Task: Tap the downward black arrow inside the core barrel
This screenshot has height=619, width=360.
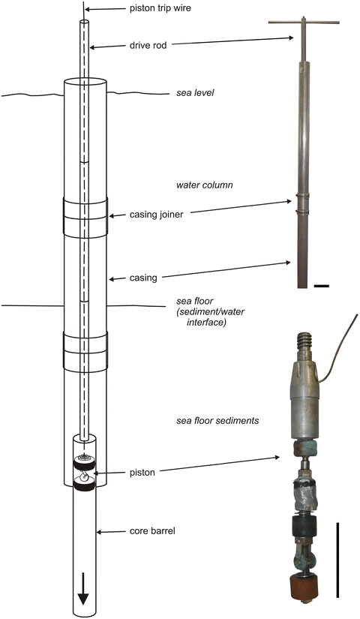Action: click(x=83, y=593)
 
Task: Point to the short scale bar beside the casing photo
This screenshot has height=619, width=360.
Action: click(x=322, y=286)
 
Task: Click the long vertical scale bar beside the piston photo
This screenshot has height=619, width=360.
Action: click(x=338, y=560)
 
